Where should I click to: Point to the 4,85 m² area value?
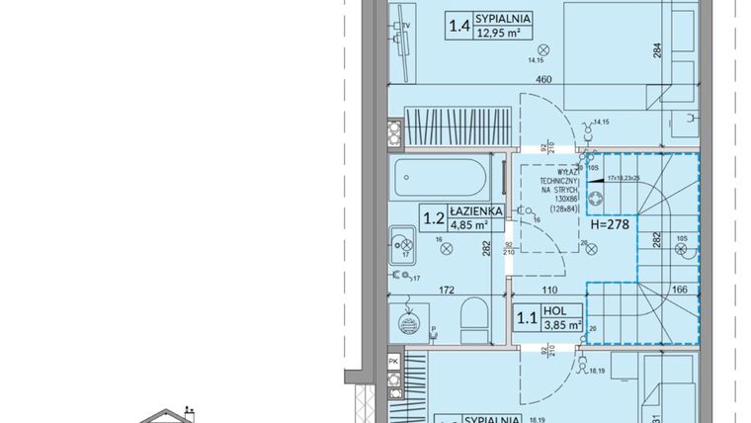pyautogui.click(x=471, y=224)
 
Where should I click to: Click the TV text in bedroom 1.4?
pyautogui.click(x=407, y=19)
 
